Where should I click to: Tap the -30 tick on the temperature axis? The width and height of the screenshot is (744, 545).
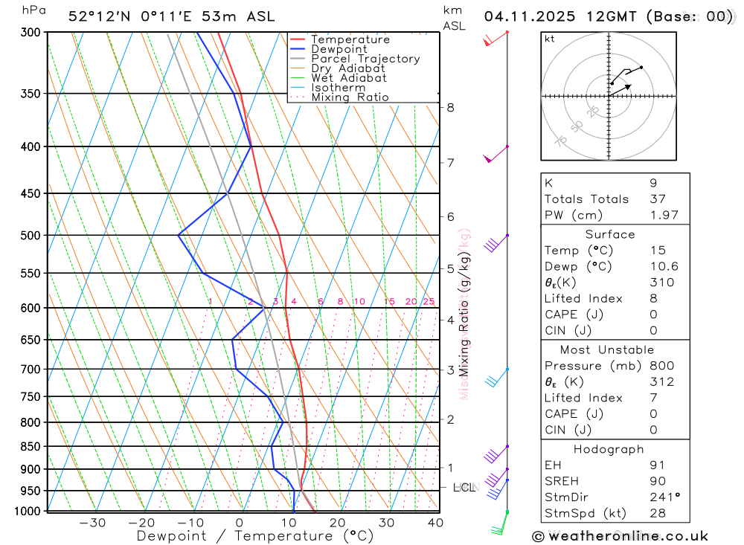coord(92,523)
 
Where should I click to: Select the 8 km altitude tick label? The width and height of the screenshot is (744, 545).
coord(450,107)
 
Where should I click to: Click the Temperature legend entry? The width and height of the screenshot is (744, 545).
coord(350,39)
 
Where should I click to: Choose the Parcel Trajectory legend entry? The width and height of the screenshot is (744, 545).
coord(365,59)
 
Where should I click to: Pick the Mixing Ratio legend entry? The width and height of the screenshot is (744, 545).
coord(350,97)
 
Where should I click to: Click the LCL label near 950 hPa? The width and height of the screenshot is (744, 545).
coord(464,488)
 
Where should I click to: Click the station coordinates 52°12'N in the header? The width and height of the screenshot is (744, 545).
coord(97,16)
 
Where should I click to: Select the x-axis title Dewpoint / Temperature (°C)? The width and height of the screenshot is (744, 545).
coord(255,536)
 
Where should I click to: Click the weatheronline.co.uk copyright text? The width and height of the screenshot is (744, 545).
coord(620,536)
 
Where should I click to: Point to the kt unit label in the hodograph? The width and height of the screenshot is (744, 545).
coord(550,39)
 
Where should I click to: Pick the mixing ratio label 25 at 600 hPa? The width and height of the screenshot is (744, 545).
coord(429,301)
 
